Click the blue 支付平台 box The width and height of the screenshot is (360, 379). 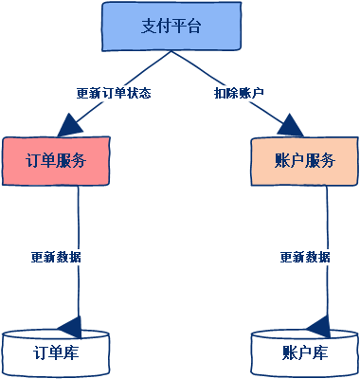171,27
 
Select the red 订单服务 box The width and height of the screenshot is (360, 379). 56,160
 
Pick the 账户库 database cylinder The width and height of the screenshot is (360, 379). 304,352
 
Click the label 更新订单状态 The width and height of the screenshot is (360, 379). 114,94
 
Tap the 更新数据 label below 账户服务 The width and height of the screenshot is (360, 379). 305,257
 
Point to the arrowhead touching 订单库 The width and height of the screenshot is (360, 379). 70,326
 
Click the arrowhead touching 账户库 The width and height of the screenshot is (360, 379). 319,326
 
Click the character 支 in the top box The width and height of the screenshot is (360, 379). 149,27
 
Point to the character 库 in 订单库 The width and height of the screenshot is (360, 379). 71,352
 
